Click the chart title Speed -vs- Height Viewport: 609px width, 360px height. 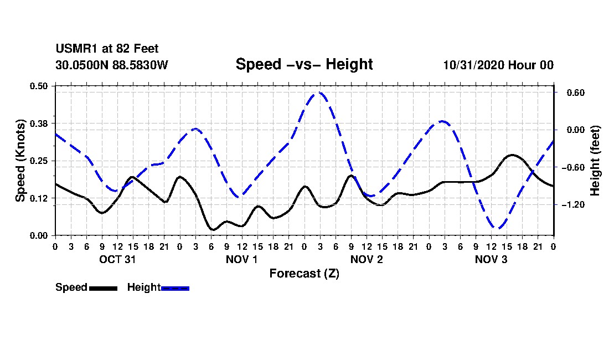tap(304, 65)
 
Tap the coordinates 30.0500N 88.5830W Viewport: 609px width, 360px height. tap(111, 65)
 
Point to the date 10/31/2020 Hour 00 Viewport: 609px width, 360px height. tap(498, 65)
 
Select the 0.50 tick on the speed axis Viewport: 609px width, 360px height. tap(40, 86)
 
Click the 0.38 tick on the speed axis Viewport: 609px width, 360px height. tap(40, 123)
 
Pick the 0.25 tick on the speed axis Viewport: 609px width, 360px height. tap(40, 161)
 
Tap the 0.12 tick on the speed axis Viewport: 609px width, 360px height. tap(40, 198)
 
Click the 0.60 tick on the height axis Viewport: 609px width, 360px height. tap(570, 92)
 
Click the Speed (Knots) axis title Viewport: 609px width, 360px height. tap(20, 161)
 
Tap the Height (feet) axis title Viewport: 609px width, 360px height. tap(595, 161)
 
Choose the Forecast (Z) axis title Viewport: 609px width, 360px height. tap(304, 274)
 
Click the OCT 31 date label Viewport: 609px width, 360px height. tap(117, 259)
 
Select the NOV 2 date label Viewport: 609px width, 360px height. tap(367, 259)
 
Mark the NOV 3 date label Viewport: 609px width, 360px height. tap(491, 259)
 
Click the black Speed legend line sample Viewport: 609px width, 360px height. tap(103, 288)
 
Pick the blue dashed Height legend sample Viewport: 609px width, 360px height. tap(175, 288)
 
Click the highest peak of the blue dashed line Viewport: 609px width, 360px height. tap(319, 93)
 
